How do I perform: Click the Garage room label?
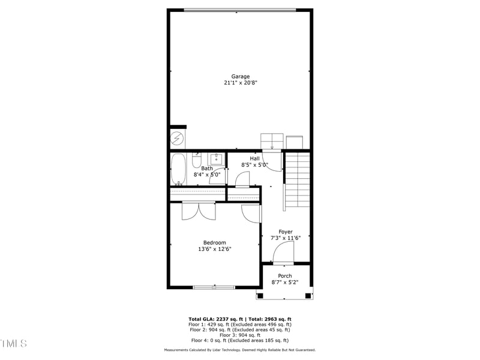coord(240,76)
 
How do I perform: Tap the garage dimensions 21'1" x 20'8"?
coord(240,83)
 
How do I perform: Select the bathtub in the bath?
coord(178,169)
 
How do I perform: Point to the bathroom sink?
coord(217,160)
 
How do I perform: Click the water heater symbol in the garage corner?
coord(178,139)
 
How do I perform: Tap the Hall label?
coord(254,158)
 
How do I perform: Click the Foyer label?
coord(285,231)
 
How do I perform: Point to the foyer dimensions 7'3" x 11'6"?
coord(285,238)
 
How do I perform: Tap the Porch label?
coord(284,276)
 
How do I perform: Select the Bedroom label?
coord(214,242)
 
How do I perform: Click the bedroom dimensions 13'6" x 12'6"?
coord(214,250)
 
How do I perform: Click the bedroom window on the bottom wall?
coord(214,287)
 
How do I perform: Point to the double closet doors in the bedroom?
coord(199,211)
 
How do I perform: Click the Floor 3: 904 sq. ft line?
coord(240,335)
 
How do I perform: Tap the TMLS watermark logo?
coord(14,343)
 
